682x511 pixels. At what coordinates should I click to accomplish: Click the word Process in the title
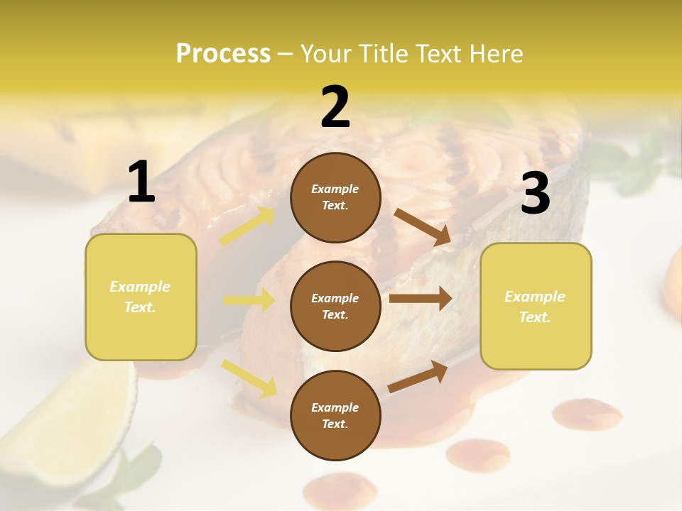click(x=223, y=54)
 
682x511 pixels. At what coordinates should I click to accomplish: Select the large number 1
click(x=141, y=182)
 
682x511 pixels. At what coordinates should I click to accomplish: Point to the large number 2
click(x=335, y=107)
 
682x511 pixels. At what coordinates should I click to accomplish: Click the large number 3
click(x=535, y=194)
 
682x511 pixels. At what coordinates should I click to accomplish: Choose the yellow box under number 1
click(x=141, y=297)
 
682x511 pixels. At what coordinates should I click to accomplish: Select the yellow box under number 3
click(x=536, y=306)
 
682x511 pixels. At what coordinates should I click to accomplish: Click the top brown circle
click(x=335, y=197)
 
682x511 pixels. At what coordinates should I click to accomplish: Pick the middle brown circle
click(x=335, y=306)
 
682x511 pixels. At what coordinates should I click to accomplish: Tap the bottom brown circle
click(x=335, y=415)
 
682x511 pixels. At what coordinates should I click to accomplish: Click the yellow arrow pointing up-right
click(x=247, y=226)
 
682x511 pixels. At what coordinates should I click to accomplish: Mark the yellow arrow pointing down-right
click(x=249, y=378)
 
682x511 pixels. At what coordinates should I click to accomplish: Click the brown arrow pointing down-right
click(x=422, y=226)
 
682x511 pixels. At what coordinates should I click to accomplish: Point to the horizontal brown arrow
click(x=420, y=299)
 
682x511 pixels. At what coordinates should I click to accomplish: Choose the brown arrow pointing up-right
click(x=418, y=376)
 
